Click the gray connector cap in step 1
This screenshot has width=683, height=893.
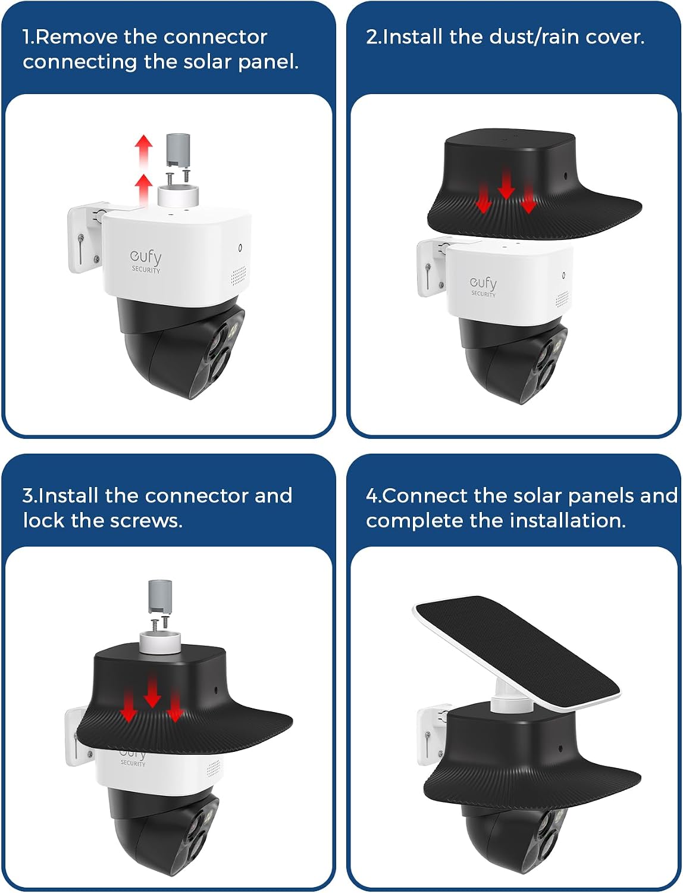(178, 150)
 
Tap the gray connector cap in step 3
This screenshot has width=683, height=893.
(160, 596)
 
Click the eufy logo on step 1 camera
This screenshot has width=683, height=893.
(146, 261)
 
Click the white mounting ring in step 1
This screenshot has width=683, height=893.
(178, 197)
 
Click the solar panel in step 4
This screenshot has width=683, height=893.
(516, 653)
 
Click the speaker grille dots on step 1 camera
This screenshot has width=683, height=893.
(238, 276)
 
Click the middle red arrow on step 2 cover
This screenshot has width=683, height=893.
(506, 185)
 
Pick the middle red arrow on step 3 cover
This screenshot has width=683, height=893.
(152, 693)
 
